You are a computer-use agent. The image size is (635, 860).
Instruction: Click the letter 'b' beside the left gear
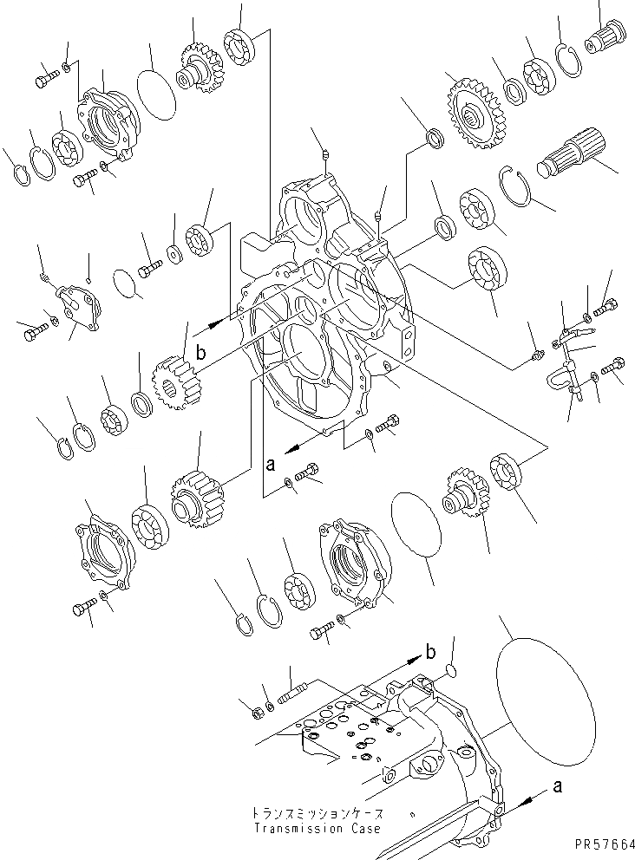click(x=200, y=353)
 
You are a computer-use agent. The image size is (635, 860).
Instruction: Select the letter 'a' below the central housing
click(x=270, y=464)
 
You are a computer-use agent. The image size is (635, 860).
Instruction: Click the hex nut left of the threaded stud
click(x=258, y=713)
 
